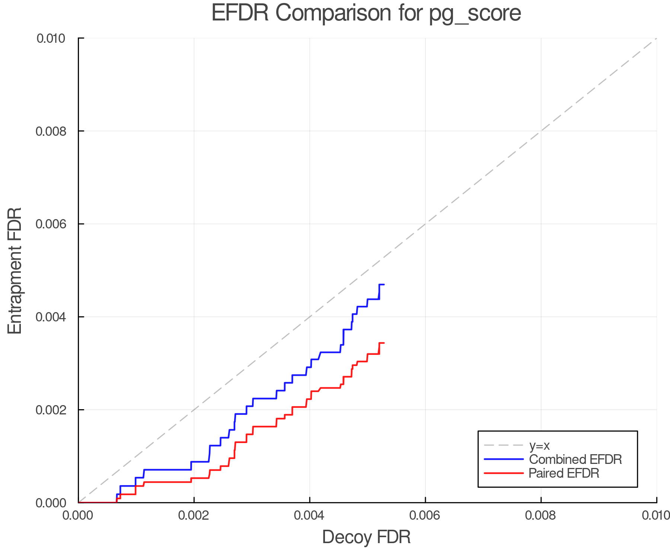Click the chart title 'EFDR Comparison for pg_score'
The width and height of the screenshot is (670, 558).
click(366, 13)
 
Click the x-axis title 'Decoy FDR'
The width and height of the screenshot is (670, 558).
click(366, 537)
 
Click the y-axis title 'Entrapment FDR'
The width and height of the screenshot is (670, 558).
click(15, 270)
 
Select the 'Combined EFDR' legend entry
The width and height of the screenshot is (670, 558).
click(575, 459)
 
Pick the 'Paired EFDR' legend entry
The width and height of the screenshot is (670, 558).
click(564, 473)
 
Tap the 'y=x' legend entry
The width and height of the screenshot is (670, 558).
click(539, 446)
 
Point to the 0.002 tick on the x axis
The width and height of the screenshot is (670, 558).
click(194, 516)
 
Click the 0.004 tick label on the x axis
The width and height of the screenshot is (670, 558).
click(310, 516)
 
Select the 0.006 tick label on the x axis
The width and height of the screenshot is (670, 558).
click(425, 516)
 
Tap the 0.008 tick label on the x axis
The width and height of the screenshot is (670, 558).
click(541, 516)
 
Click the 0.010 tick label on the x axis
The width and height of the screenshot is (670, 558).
click(656, 516)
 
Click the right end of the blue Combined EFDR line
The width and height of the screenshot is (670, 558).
click(384, 285)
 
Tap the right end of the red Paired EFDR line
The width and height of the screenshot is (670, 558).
click(384, 343)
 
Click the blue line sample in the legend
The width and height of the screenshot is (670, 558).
click(504, 459)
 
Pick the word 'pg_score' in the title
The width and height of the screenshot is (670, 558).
click(475, 13)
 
